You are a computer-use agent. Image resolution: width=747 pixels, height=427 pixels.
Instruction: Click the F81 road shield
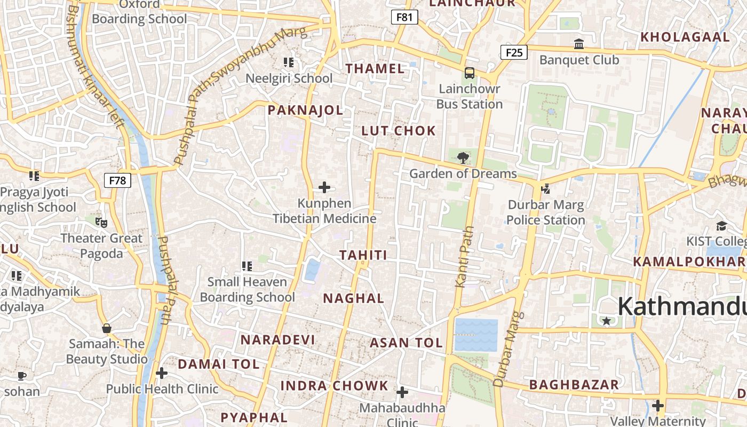pos(404,17)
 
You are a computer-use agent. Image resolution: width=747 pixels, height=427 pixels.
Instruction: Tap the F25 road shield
pos(514,52)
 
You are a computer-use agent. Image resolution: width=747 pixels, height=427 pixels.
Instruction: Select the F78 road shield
pos(117,180)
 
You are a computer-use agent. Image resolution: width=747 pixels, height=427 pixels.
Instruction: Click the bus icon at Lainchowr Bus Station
pos(470,73)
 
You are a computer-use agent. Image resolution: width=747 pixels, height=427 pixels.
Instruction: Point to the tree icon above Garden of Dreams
pos(463,157)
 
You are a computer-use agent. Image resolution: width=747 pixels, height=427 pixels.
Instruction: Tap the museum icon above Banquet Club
pos(579,44)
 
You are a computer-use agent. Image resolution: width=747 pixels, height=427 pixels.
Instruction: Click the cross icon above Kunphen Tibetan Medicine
pos(324,187)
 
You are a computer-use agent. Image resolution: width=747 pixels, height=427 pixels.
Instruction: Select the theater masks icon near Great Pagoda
pos(101,222)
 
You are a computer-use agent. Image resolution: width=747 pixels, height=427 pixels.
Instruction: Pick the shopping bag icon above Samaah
pos(107,328)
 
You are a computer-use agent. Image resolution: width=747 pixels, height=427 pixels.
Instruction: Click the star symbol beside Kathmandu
pos(606,321)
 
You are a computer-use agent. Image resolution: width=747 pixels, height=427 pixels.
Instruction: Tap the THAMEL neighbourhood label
pos(375,68)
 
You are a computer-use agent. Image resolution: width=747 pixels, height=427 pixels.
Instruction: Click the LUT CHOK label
pos(399,131)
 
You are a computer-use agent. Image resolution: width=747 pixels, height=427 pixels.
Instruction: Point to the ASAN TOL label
pos(406,343)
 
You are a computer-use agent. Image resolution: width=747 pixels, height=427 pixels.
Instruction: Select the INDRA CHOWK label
pos(335,385)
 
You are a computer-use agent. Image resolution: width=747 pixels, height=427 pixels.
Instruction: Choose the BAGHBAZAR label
pos(574,385)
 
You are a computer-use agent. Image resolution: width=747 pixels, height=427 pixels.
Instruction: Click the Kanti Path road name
pos(465,257)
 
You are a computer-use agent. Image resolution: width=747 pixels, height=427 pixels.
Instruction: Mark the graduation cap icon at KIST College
pos(721,226)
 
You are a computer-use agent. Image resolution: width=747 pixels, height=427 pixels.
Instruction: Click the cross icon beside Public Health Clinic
pos(162,373)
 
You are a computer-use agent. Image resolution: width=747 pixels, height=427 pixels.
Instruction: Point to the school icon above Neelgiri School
pos(289,62)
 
